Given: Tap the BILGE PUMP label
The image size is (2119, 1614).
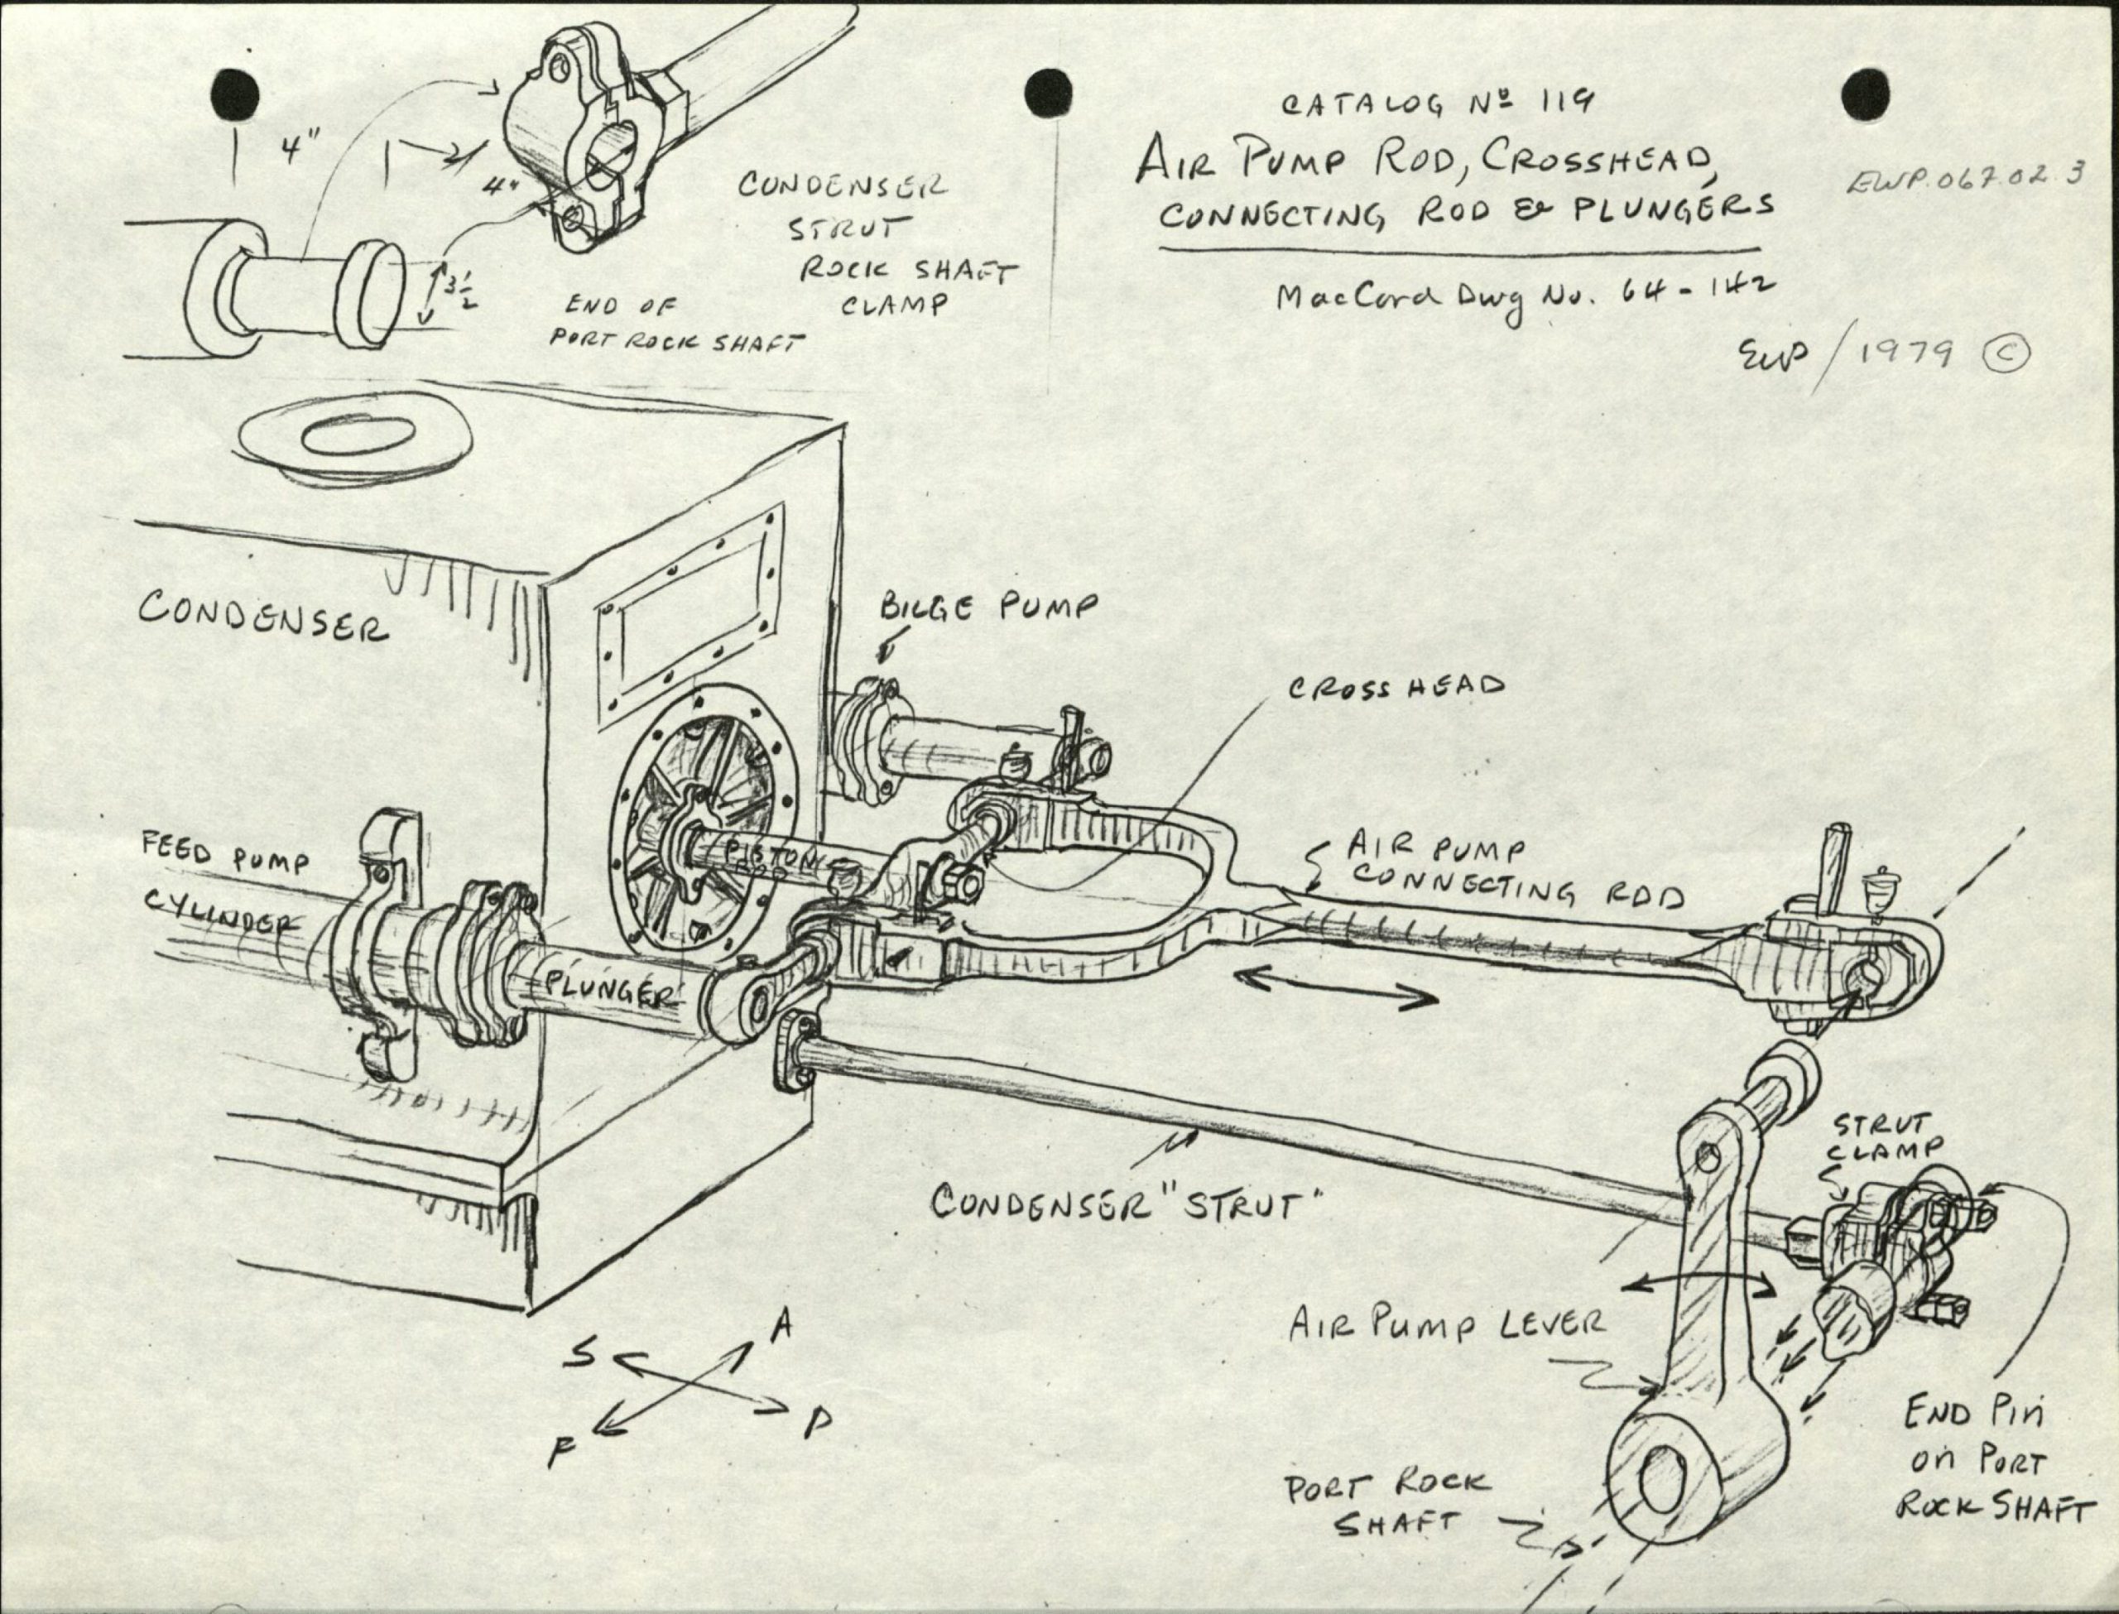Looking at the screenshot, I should tap(987, 606).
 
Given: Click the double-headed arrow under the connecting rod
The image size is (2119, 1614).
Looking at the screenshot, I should tap(1335, 987).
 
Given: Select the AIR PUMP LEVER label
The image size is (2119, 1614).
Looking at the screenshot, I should tap(1446, 1327).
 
